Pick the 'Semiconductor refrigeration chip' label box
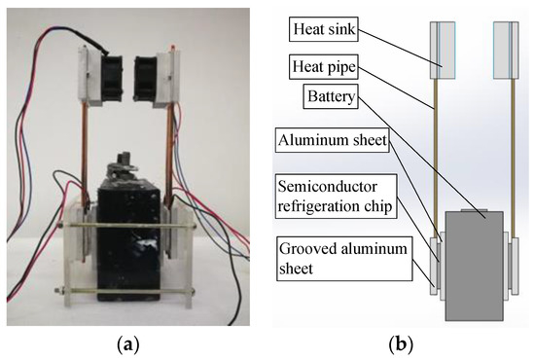click(x=337, y=195)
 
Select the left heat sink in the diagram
click(x=444, y=49)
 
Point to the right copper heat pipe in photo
click(x=173, y=146)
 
